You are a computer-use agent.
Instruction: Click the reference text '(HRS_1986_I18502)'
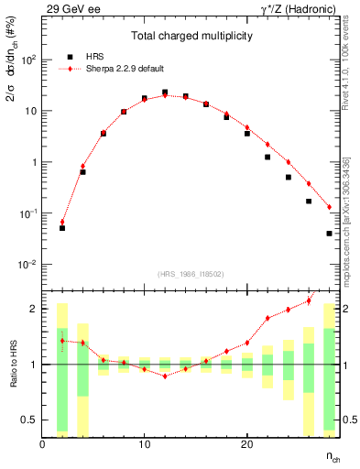click(191, 273)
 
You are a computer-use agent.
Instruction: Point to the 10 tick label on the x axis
click(144, 445)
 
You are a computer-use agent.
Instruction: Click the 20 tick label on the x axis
click(246, 445)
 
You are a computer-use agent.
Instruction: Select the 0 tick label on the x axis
click(42, 445)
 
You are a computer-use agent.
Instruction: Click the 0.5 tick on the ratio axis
click(30, 420)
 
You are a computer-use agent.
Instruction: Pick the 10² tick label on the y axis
click(27, 60)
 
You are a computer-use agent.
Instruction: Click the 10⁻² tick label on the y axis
click(27, 265)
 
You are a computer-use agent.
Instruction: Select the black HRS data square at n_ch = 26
click(309, 202)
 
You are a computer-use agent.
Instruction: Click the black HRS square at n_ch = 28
click(329, 234)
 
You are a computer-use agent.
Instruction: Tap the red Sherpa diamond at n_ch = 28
click(329, 207)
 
